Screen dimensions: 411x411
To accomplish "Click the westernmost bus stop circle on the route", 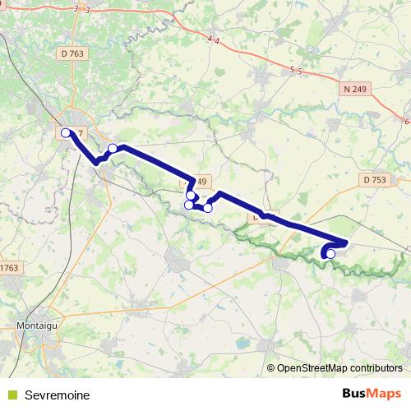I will pos(66,132).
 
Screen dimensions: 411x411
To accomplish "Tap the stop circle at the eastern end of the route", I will pos(330,254).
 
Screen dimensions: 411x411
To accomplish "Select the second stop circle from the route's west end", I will pos(113,148).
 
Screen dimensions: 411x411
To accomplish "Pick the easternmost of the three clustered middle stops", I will pos(208,208).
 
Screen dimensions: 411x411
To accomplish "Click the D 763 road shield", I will pos(72,53).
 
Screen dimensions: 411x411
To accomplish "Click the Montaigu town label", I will pos(35,326).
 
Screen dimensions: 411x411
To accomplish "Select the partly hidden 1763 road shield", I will pos(9,267).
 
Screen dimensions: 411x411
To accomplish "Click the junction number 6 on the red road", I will pos(407,121).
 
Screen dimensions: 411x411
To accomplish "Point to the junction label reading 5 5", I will pos(297,72).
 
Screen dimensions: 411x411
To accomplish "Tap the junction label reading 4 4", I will pos(215,39).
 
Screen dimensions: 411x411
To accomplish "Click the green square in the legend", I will pos(12,395).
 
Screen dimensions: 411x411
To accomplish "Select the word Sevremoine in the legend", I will pos(57,395).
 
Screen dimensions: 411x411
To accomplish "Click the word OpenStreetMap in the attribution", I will pos(310,369).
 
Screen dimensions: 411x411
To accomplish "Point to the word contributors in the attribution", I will pos(373,369).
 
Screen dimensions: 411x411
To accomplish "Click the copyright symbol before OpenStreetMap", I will pos(270,369).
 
